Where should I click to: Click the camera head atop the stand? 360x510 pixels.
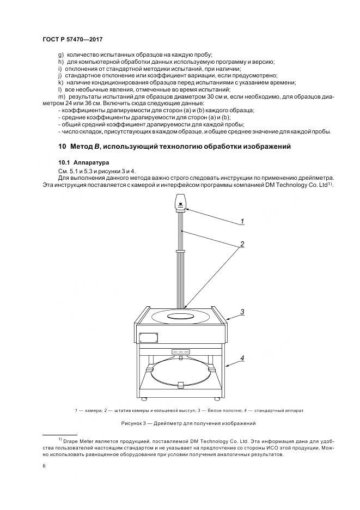pyautogui.click(x=180, y=204)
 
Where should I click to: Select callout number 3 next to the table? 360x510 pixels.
pyautogui.click(x=243, y=312)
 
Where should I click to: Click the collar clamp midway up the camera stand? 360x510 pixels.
pyautogui.click(x=181, y=251)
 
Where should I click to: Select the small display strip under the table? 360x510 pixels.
pyautogui.click(x=180, y=351)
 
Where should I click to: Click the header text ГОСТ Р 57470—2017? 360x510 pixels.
pyautogui.click(x=72, y=39)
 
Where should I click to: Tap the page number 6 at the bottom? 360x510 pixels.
pyautogui.click(x=44, y=465)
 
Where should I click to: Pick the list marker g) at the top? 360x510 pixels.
pyautogui.click(x=60, y=54)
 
